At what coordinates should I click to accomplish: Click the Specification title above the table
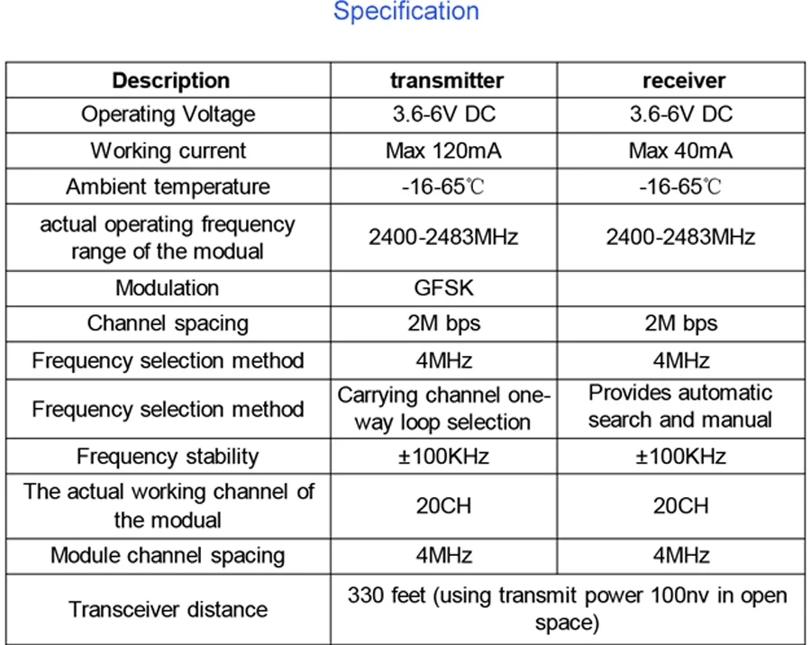click(405, 12)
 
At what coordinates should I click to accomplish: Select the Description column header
click(170, 80)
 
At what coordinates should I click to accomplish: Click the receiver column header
click(683, 80)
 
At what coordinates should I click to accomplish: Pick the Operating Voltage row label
click(169, 114)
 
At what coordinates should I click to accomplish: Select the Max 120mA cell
click(443, 150)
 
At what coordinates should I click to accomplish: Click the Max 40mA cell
click(681, 150)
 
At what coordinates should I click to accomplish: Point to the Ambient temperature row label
click(168, 186)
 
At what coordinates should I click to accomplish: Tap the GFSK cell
click(443, 288)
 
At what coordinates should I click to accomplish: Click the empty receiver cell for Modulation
click(681, 288)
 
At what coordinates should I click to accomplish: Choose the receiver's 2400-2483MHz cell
click(681, 237)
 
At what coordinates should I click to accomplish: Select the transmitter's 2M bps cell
click(443, 323)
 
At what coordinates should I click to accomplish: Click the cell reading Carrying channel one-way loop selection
click(443, 408)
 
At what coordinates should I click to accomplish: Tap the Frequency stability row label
click(168, 456)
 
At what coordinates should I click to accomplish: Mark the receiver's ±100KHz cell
click(681, 456)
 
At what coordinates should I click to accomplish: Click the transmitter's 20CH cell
click(443, 505)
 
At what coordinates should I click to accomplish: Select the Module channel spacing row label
click(168, 555)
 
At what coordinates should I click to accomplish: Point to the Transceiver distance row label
click(168, 609)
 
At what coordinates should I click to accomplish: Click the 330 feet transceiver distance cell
click(568, 609)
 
